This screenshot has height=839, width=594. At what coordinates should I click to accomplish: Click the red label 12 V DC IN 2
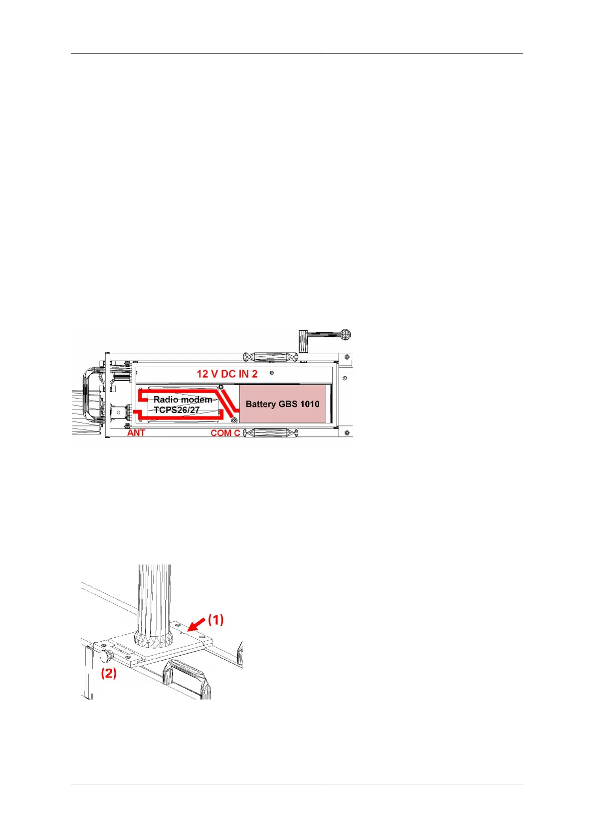pos(227,374)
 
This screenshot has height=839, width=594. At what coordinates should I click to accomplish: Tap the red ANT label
pos(136,432)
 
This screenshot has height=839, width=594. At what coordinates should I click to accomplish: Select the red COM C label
pos(225,432)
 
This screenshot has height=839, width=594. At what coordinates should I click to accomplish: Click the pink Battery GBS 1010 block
pos(282,404)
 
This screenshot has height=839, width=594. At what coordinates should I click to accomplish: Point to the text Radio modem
pos(183,400)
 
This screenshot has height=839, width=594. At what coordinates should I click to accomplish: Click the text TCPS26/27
pos(177,410)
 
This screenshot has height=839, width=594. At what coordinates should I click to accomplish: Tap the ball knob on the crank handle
pos(345,334)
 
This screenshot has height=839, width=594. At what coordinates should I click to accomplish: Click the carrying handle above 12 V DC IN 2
pos(270,357)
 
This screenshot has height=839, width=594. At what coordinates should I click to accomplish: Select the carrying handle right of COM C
pos(270,432)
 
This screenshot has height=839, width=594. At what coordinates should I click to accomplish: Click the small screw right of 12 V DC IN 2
pos(271,373)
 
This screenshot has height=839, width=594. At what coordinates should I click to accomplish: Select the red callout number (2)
pos(109,673)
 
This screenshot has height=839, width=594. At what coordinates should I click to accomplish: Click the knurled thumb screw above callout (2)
pos(105,655)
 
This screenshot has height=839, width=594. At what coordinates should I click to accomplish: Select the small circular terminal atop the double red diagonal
pos(221,387)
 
